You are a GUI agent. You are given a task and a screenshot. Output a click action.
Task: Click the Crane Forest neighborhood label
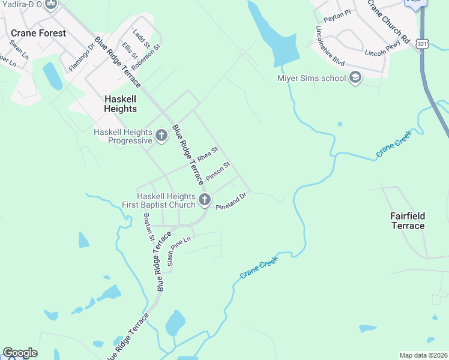coord(38,33)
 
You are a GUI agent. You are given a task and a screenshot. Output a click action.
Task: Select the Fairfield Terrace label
coord(408,221)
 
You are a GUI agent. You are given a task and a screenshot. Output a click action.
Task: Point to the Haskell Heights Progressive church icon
coord(161,136)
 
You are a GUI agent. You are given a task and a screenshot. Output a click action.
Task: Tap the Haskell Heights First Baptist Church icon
coord(204,200)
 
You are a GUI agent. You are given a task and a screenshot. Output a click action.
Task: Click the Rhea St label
coord(207,155)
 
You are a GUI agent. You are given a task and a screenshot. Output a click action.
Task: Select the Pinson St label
coord(218,171)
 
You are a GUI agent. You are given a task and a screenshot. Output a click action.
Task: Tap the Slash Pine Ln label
coord(178,251)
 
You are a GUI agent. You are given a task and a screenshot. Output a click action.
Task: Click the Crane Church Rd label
coord(388,22)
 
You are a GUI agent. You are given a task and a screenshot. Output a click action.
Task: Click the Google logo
coord(20,353)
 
